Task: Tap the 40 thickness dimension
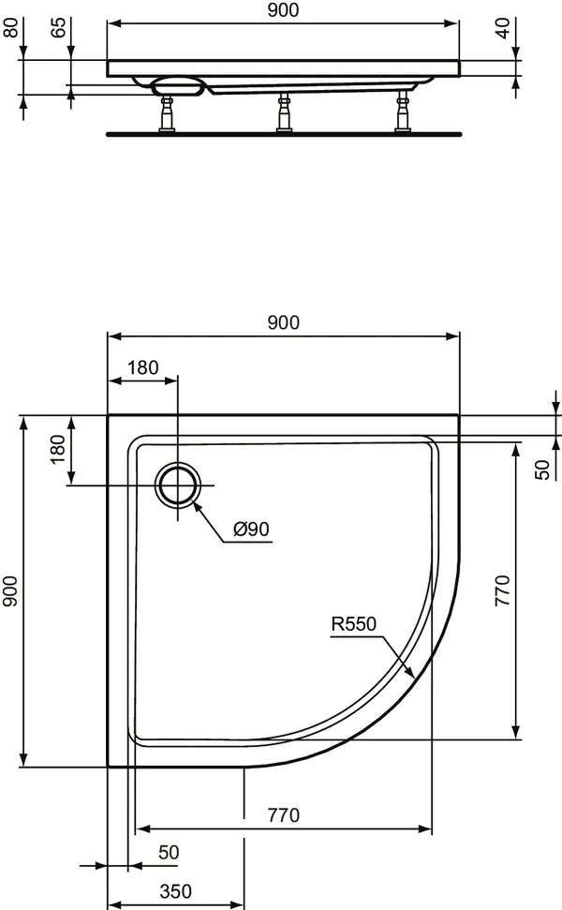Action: [505, 26]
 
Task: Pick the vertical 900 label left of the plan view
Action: [10, 591]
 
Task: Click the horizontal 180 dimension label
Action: [142, 367]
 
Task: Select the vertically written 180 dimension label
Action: [58, 449]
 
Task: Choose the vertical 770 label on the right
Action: [503, 591]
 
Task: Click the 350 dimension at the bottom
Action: [175, 890]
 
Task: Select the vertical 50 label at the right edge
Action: [542, 470]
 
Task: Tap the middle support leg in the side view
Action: [282, 113]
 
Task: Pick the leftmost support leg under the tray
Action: [169, 113]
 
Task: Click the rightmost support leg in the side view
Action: [405, 113]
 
